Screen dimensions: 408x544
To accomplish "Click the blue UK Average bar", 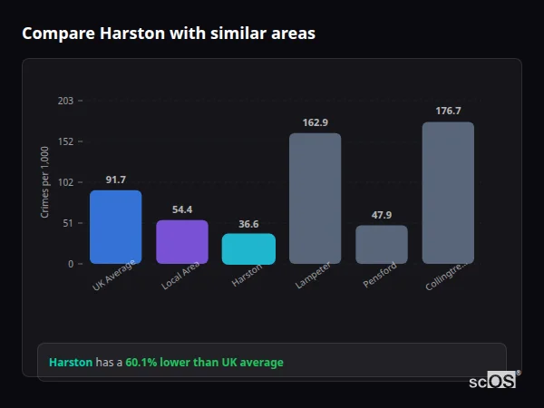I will [115, 227].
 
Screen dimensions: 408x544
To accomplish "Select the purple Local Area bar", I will [182, 241].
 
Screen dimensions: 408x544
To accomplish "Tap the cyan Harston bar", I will [248, 248].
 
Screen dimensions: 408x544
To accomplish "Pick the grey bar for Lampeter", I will [315, 199].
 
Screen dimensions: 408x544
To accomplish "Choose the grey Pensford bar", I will [382, 244].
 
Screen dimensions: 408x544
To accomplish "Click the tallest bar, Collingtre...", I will [448, 192].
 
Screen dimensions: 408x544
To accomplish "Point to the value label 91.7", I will [115, 180].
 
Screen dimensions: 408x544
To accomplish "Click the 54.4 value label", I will [182, 209].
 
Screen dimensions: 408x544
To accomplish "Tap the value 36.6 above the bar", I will [248, 223].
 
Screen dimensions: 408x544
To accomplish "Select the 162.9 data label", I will [315, 122].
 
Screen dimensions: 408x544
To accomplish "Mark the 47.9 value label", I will [382, 215].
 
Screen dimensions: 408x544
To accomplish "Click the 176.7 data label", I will [448, 111].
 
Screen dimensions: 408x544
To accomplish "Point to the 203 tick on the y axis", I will [65, 101].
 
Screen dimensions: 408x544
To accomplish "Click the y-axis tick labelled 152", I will [65, 141].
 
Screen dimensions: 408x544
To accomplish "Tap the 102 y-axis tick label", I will [65, 182].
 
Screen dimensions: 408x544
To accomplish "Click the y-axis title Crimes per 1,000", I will [45, 182].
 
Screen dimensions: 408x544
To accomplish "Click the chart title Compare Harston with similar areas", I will [169, 34].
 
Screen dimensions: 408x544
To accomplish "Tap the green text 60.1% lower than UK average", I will [204, 362].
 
